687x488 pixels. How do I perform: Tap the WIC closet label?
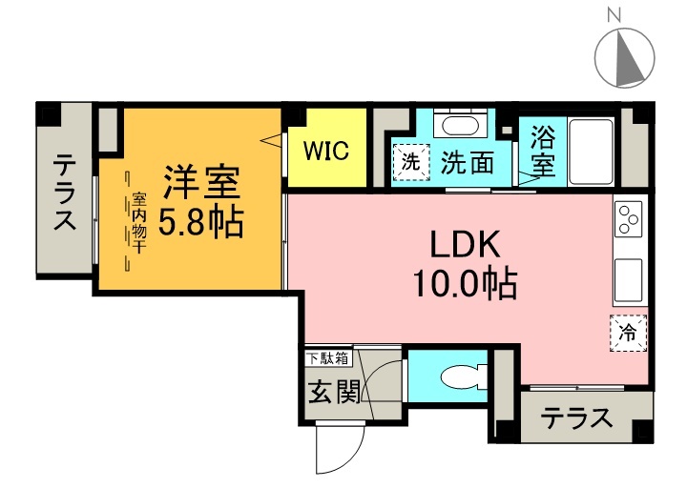(326, 150)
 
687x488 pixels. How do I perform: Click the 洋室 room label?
(200, 180)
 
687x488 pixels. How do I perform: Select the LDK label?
(465, 245)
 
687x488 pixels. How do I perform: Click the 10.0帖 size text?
(465, 283)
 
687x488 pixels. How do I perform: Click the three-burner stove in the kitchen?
(629, 220)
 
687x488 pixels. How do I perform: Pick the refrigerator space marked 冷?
(628, 333)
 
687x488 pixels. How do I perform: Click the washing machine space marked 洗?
(410, 162)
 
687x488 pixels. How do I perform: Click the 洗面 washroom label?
(467, 163)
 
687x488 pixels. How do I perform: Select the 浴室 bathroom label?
(542, 150)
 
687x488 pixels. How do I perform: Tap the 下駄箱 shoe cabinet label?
(328, 358)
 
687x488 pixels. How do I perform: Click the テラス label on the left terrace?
(64, 193)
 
